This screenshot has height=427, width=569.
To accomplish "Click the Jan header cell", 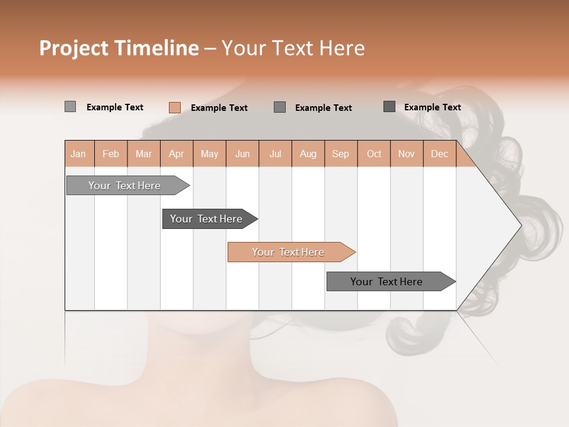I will coord(78,154).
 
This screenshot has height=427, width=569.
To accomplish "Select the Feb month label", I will coord(111,154).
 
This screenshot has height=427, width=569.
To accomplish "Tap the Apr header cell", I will coord(176,154).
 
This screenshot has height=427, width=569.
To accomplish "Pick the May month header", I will coord(209,154).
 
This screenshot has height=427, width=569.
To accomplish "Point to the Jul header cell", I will coord(275,154).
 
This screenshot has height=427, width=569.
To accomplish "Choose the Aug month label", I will coord(308,154).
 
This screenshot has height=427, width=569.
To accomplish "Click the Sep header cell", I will coord(340,154).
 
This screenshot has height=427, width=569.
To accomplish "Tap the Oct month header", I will coord(374,154).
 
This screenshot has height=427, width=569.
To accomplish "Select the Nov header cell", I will coord(406,154).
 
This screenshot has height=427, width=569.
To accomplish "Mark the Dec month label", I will coord(439,154).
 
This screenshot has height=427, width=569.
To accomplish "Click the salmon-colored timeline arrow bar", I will coord(289,252).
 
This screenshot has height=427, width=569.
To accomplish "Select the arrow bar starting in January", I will coord(125,186).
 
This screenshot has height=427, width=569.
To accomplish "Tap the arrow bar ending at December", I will coord(387,282).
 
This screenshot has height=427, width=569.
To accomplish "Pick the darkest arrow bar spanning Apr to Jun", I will coord(207,219).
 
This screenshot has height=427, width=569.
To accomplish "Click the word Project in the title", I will coord(74,48).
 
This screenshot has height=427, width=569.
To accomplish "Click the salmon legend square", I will coord(174,107).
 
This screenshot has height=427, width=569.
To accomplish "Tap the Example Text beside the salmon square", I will coord(219,108).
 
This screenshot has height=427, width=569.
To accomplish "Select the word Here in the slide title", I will coord(342,48).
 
